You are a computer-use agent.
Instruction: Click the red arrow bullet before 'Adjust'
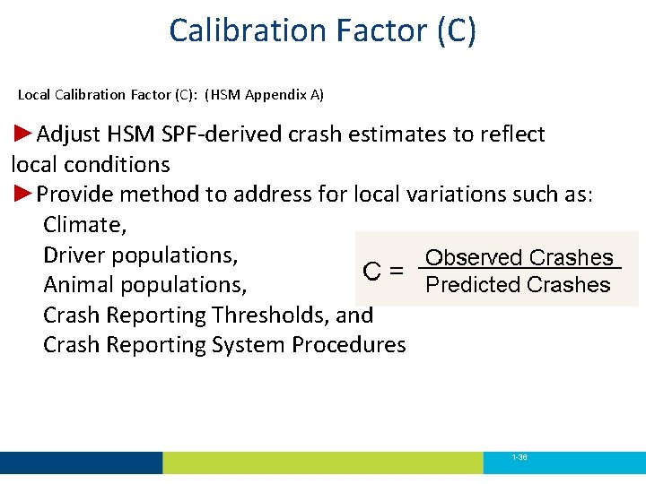coord(23,134)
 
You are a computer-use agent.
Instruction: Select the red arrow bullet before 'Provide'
coord(23,194)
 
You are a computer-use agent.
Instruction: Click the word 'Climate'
coord(83,225)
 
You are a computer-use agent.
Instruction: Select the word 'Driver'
coord(74,255)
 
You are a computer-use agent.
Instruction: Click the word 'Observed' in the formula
coord(474,258)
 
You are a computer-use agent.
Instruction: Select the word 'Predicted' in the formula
coord(474,285)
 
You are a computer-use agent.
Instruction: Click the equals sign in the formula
coord(395,271)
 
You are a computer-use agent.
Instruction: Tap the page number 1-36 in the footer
coord(519,457)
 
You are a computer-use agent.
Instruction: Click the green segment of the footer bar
coord(323,462)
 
